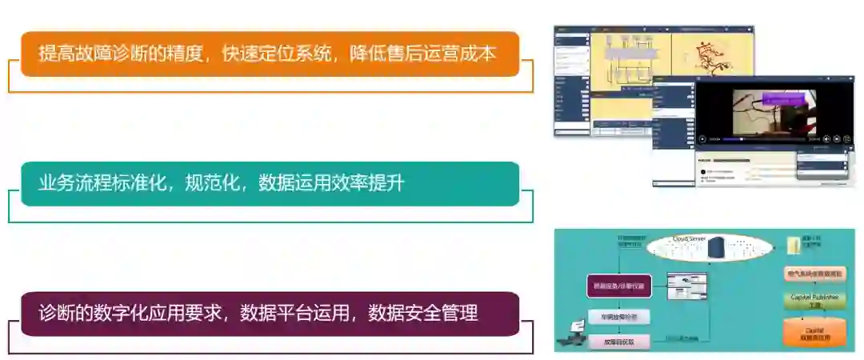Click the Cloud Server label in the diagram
[690, 238]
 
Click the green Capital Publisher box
[814, 299]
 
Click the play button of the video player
[702, 138]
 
